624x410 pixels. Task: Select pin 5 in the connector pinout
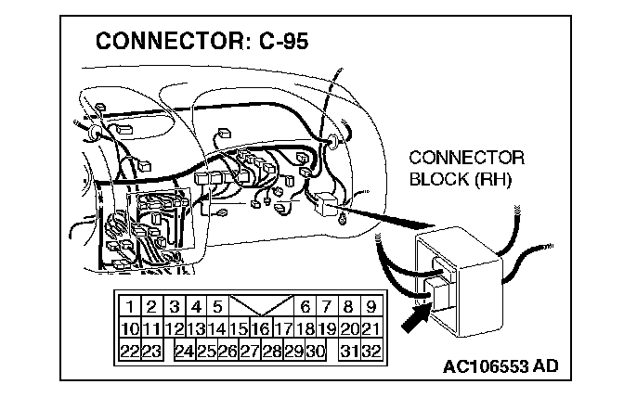point(217,306)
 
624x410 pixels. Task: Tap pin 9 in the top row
point(370,306)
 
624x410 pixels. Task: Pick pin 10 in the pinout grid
point(130,327)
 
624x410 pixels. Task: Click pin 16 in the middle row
point(261,327)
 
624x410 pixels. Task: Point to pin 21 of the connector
point(370,327)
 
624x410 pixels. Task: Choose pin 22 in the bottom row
point(130,350)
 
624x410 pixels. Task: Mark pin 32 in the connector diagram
point(370,350)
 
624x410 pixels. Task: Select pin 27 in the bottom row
point(250,350)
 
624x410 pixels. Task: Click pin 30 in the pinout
point(316,350)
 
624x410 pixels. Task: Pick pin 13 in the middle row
point(196,327)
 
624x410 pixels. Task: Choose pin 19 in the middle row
point(327,327)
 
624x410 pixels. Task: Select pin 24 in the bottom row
point(185,350)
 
